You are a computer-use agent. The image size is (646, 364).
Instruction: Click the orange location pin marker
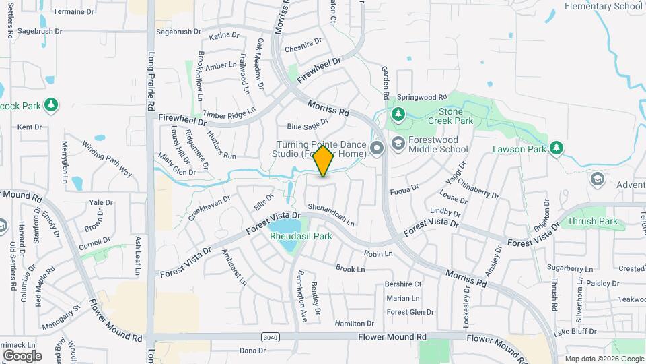tap(324, 161)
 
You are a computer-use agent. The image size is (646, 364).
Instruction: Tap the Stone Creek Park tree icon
tap(398, 113)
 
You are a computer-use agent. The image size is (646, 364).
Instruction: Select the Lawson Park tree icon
tap(556, 148)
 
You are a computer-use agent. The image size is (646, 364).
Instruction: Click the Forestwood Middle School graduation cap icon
tap(398, 143)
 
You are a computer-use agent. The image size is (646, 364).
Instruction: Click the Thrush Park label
tap(593, 221)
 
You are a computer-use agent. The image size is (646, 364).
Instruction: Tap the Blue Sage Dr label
tap(307, 124)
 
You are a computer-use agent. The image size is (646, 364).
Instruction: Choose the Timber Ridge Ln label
tap(230, 113)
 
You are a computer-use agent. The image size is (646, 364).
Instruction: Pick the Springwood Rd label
tap(422, 97)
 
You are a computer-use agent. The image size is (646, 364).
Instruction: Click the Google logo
tap(22, 355)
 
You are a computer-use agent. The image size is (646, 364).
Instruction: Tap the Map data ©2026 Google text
tap(604, 359)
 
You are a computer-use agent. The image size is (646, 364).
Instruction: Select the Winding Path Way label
tap(107, 158)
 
